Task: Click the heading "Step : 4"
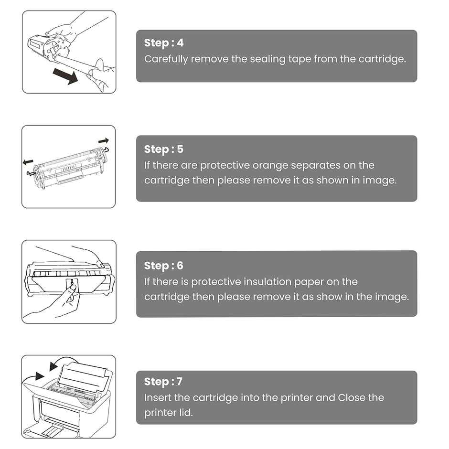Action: click(x=163, y=43)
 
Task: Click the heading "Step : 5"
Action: click(x=163, y=149)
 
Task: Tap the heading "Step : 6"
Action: click(x=163, y=266)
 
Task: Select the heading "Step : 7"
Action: click(x=163, y=382)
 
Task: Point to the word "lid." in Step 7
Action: click(x=184, y=412)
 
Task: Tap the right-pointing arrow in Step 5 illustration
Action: click(x=104, y=141)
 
